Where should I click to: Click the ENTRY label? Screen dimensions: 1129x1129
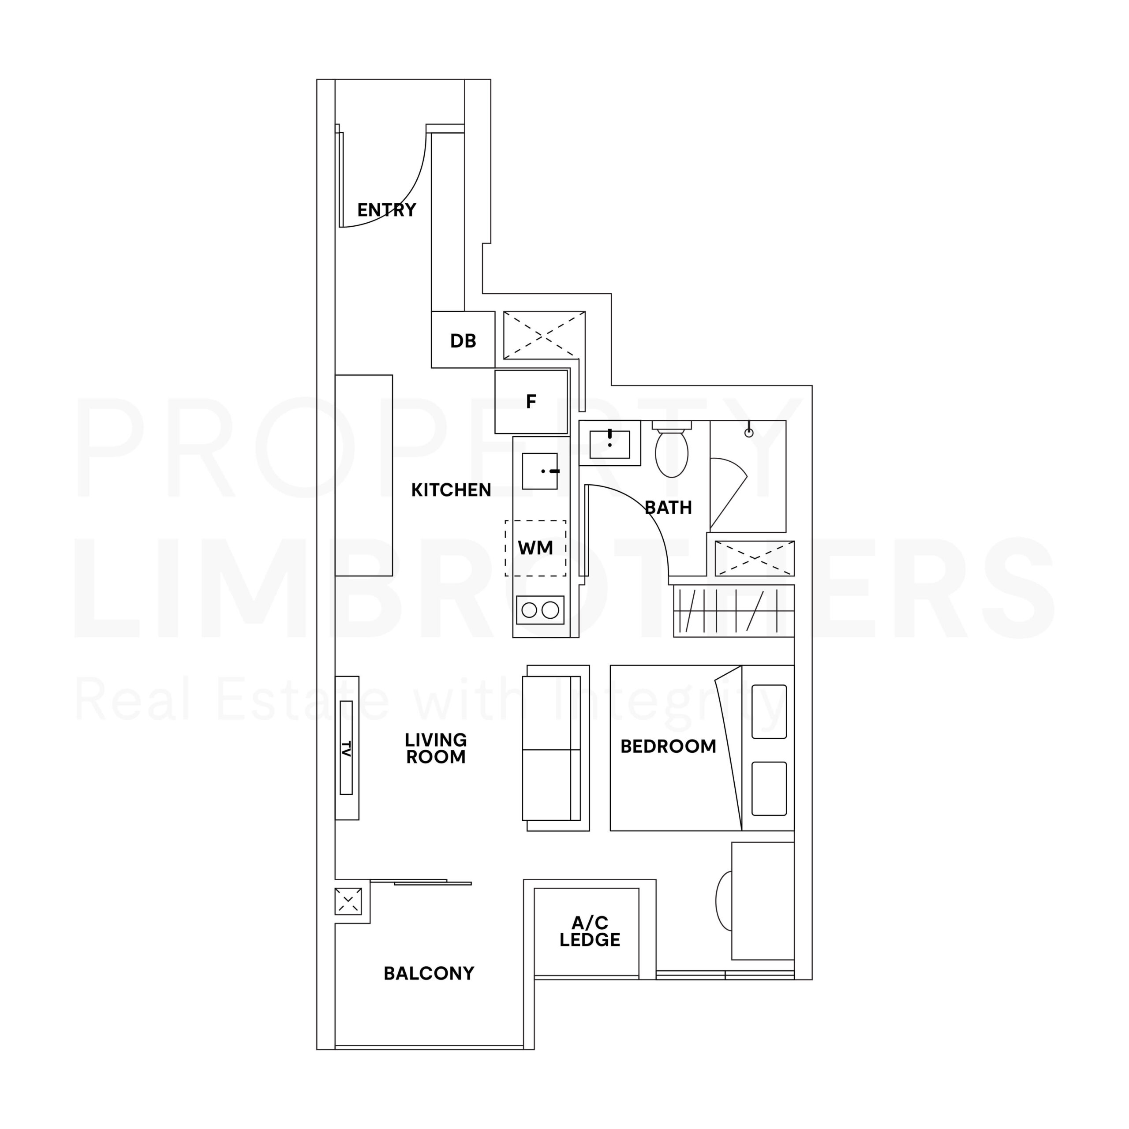(386, 210)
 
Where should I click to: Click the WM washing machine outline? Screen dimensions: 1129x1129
(535, 548)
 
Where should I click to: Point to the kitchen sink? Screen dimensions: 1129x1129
(539, 471)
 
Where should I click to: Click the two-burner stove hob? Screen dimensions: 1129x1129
(540, 610)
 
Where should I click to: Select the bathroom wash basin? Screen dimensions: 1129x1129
(609, 444)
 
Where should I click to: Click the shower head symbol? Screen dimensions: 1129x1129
(748, 433)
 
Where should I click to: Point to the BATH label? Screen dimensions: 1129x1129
(668, 507)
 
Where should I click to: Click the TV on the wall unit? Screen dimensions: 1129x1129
(346, 748)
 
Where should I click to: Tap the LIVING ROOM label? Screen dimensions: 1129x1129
(436, 748)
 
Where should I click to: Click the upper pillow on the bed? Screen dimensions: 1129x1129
(769, 711)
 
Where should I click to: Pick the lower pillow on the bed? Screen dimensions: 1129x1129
(769, 788)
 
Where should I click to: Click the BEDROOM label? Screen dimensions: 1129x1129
(668, 746)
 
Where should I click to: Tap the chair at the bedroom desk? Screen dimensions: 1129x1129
(723, 901)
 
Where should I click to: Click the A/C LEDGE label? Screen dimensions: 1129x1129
(589, 931)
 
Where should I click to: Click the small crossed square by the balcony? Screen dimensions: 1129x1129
(348, 901)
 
